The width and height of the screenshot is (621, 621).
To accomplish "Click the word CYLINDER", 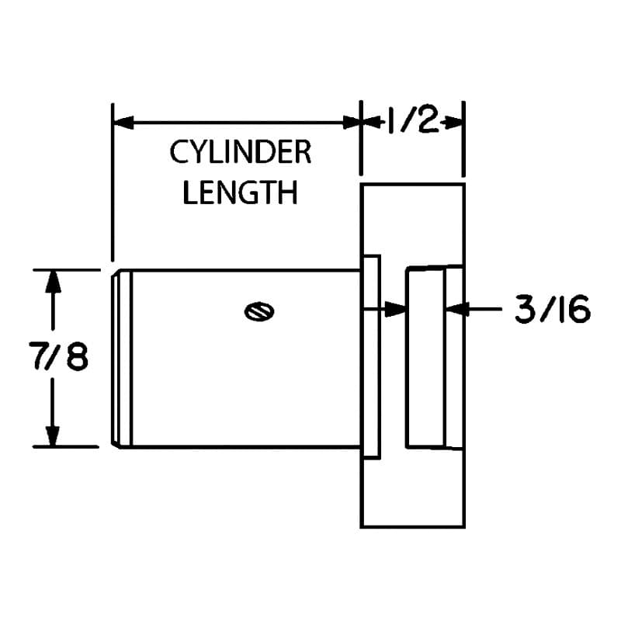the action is click(x=241, y=152).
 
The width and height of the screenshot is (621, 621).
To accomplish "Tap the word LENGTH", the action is click(x=241, y=193).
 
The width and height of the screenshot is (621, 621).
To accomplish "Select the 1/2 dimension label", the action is click(x=413, y=120).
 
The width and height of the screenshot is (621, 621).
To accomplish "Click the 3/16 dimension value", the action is click(x=552, y=309).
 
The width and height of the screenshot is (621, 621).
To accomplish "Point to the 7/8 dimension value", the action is click(x=58, y=356).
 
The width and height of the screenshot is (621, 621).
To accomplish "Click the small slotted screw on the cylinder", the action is click(x=259, y=311).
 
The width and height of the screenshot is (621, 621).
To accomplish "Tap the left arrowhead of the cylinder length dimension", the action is click(x=123, y=123).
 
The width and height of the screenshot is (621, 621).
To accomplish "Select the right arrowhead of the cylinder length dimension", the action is click(x=352, y=123).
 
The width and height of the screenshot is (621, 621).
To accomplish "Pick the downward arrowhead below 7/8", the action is click(x=53, y=436).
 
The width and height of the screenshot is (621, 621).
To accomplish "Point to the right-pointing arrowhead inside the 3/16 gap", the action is click(x=396, y=309).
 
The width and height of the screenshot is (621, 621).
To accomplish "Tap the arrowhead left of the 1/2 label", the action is click(x=372, y=122).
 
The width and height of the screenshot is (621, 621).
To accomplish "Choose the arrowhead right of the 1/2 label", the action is click(x=453, y=122).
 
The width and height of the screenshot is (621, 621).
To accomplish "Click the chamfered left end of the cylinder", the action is click(x=121, y=359).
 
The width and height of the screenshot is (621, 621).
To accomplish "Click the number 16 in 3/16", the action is click(x=571, y=309).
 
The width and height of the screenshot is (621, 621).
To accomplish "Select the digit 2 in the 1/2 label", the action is click(x=427, y=120).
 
